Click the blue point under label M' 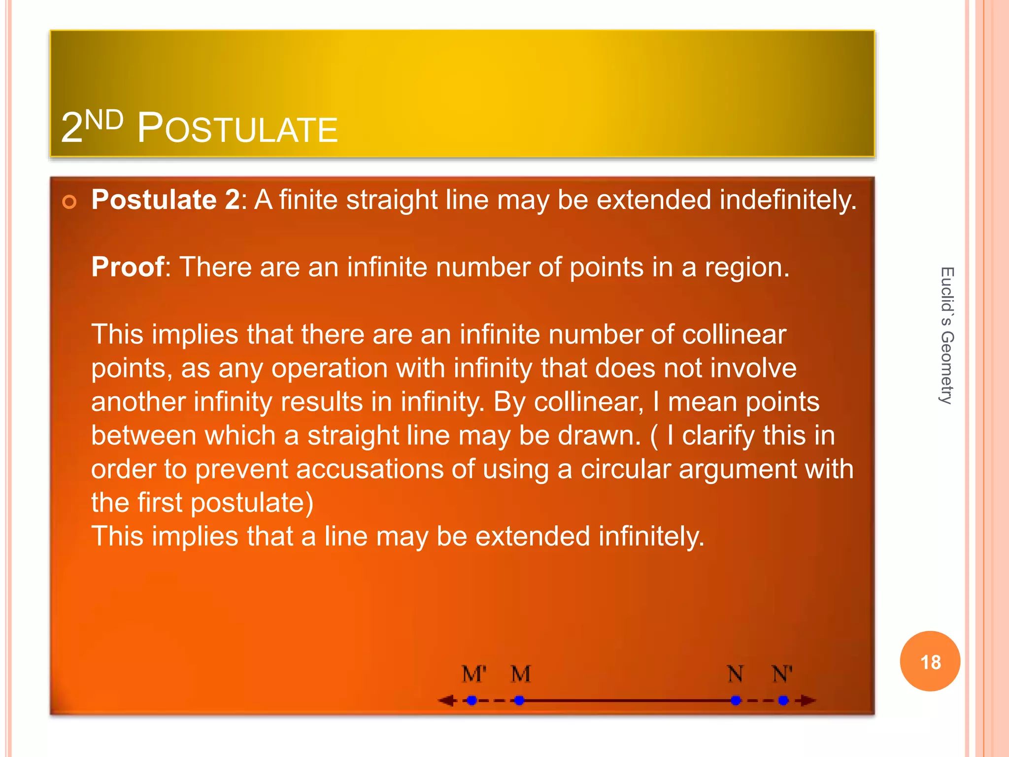(472, 700)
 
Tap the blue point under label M (519, 700)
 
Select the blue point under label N (736, 700)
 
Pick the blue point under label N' (783, 700)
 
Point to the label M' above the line (474, 674)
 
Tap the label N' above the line (782, 674)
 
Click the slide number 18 (930, 662)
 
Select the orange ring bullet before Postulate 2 (69, 202)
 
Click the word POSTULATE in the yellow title (237, 129)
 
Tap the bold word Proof (128, 267)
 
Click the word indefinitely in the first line (788, 200)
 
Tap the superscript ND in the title (104, 120)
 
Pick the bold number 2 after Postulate (232, 200)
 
